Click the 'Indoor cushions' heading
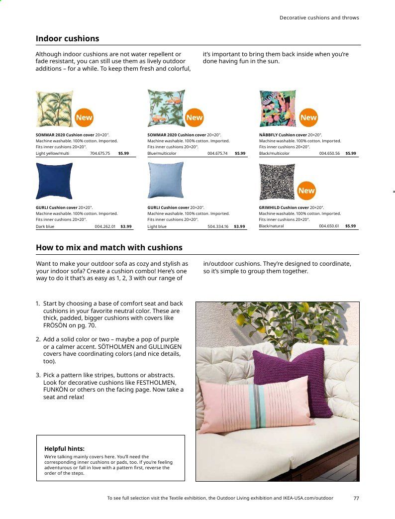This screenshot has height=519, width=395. coord(67,39)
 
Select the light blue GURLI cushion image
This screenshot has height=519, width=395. coord(166,180)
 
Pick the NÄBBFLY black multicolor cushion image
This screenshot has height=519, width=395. coord(278,108)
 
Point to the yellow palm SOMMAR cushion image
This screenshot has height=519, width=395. coord(55,108)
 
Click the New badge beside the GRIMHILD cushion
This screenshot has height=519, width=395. coord(306,191)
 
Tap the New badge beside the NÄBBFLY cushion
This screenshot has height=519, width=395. coord(308,117)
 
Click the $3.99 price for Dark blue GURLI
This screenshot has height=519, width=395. coord(126,226)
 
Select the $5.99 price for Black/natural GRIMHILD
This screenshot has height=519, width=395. coord(351,226)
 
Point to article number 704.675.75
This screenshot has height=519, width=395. coord(100,153)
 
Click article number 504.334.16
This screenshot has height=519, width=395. coord(218,226)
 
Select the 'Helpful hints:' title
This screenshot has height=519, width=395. coord(64,448)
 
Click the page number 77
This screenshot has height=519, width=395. coord(356,498)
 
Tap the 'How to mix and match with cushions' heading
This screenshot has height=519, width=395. coord(109,247)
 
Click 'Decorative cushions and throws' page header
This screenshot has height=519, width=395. coord(319,17)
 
